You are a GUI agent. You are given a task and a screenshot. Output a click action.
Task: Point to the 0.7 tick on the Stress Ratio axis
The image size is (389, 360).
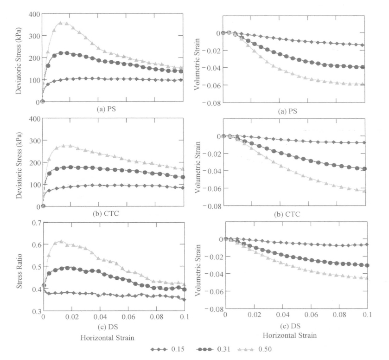(35, 223)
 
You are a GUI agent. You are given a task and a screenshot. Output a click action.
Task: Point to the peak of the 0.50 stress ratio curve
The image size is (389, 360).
(60, 241)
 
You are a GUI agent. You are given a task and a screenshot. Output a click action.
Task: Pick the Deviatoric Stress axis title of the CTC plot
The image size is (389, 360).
(19, 162)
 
